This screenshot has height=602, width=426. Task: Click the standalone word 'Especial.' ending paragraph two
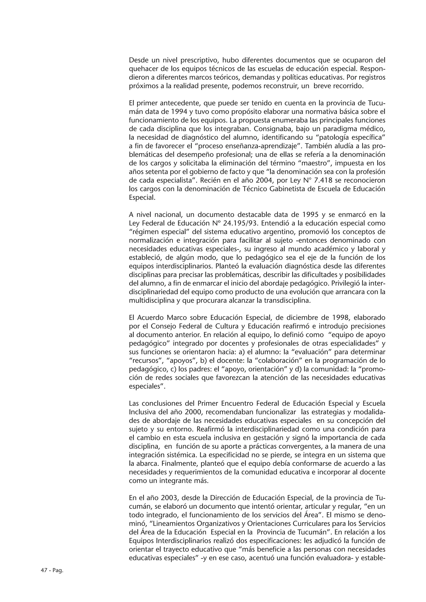142,197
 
